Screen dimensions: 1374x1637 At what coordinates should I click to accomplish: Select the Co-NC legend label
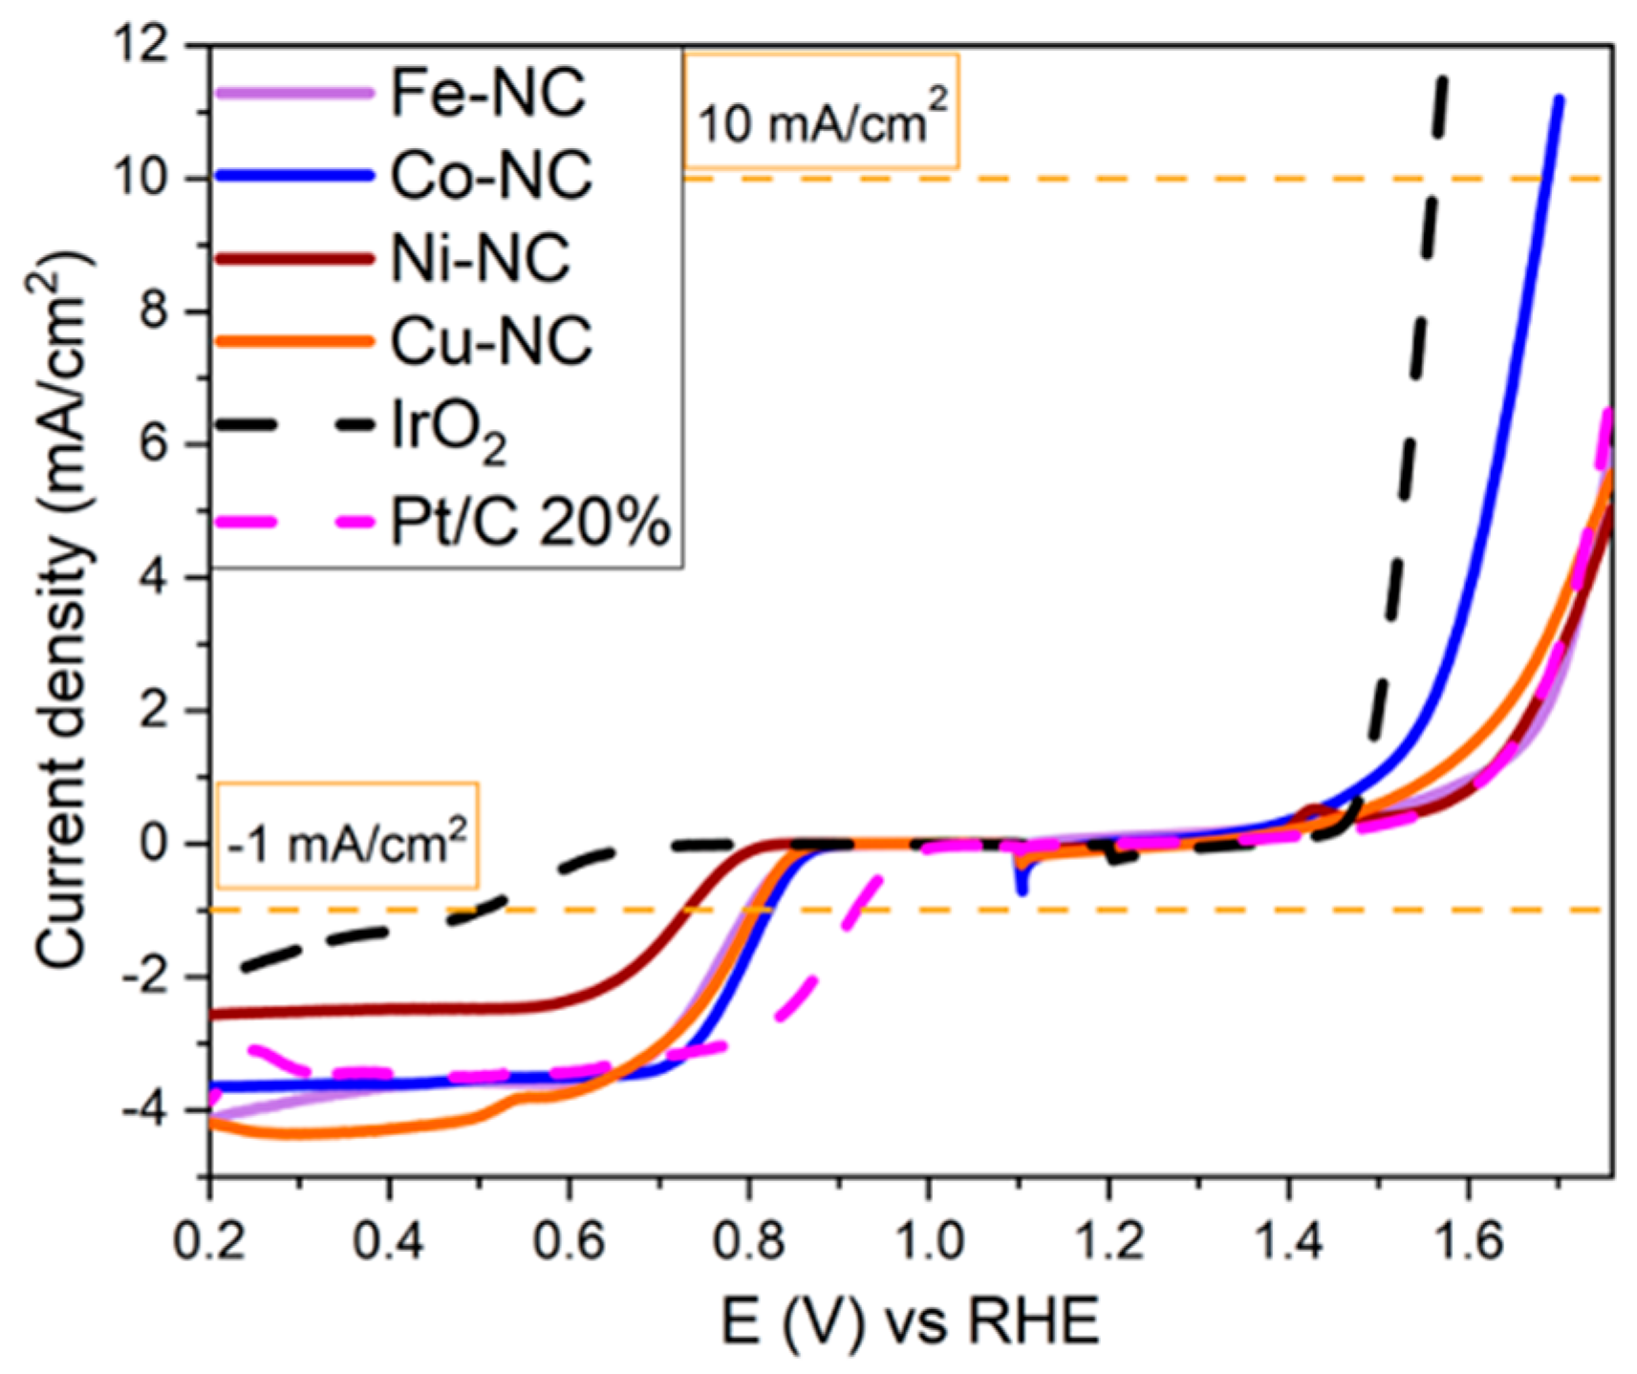[490, 176]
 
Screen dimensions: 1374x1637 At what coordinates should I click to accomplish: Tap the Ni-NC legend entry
[480, 258]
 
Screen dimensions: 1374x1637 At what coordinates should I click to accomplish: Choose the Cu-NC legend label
[490, 340]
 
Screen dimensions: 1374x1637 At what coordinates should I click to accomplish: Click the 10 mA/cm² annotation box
[821, 112]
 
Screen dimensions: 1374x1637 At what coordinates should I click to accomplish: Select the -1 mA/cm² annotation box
[348, 836]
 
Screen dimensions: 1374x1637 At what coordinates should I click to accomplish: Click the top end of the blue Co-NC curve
[1559, 99]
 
